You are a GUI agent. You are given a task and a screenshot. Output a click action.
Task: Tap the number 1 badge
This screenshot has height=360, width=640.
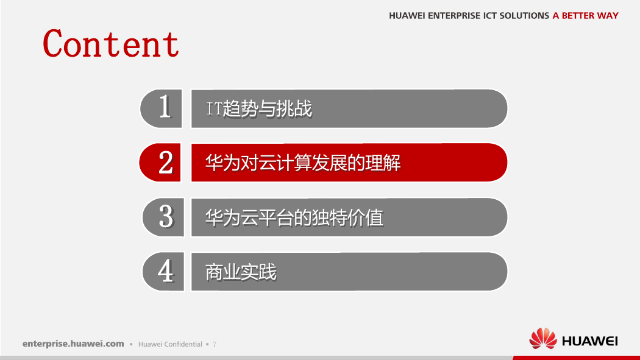[x=161, y=108]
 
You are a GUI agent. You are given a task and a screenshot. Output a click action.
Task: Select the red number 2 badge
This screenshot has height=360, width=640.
[x=160, y=162]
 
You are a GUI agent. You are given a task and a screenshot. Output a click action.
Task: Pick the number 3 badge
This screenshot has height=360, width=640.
[x=163, y=217]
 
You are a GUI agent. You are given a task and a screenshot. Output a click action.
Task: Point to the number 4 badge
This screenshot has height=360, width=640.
[x=163, y=272]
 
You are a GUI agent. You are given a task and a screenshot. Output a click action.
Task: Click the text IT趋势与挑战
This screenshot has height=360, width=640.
[x=259, y=109]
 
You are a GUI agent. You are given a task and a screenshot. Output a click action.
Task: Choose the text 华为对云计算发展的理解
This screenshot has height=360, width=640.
[x=303, y=163]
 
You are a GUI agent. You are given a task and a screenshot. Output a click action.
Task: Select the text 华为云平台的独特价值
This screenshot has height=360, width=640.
[x=294, y=217]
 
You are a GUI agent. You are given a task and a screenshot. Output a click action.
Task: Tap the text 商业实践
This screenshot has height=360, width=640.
[x=241, y=272]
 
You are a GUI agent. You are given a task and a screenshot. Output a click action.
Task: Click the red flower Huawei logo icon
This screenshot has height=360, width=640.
[x=543, y=339]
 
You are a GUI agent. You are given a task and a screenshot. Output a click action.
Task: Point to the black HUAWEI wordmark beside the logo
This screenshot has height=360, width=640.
[x=590, y=341]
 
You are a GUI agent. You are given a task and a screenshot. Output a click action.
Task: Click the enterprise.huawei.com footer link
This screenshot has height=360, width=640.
[x=73, y=344]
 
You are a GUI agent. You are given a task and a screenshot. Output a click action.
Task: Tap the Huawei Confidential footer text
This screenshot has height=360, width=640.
[x=170, y=344]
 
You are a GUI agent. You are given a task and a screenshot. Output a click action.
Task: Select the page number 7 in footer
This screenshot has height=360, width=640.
[x=215, y=345]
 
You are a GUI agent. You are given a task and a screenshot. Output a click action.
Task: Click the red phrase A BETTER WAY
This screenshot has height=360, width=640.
[x=585, y=15]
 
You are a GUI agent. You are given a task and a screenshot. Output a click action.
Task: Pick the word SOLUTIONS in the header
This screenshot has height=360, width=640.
[x=524, y=15]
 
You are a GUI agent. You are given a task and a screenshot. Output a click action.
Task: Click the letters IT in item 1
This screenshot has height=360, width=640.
[x=215, y=109]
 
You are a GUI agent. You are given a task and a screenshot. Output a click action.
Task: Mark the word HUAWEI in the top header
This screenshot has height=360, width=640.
[x=407, y=15]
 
